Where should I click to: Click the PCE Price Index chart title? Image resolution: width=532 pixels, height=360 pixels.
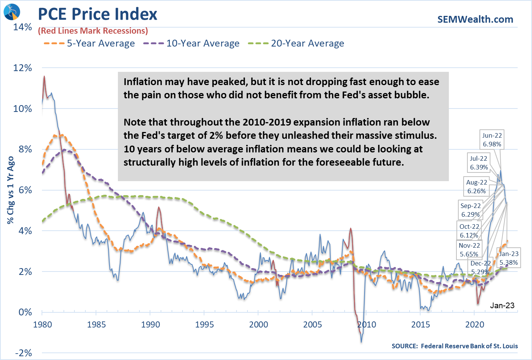[x=97, y=14]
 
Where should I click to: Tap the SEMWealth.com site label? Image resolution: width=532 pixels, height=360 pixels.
[x=475, y=19]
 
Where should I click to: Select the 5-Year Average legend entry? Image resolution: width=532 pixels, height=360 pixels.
[x=90, y=43]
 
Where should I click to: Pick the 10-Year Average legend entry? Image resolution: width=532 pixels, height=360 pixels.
[x=192, y=43]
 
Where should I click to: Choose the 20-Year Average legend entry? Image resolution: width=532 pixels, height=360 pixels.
[x=296, y=43]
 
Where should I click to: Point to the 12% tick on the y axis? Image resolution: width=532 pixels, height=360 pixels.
[x=23, y=68]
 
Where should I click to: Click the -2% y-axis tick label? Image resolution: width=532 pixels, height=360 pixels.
[x=23, y=353]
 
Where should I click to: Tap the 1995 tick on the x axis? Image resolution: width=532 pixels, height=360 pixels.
[x=204, y=324]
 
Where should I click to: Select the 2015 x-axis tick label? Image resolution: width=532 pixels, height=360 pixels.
[x=421, y=324]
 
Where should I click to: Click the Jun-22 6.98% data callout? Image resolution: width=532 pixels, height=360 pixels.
[x=492, y=140]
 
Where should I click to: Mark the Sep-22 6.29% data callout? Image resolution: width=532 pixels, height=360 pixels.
[x=470, y=210]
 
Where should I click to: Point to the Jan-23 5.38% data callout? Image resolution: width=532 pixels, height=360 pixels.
[x=509, y=258]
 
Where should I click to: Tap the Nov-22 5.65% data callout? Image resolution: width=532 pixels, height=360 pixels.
[x=469, y=250]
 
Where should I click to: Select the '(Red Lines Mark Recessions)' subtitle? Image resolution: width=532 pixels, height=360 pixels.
[x=93, y=31]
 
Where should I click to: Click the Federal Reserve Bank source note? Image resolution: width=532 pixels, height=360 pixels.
[x=455, y=346]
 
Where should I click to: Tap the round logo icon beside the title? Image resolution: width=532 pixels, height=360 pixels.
[x=11, y=12]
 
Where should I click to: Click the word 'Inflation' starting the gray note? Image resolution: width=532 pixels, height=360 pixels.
[x=141, y=82]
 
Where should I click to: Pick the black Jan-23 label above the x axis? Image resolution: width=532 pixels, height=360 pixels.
[x=502, y=306]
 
